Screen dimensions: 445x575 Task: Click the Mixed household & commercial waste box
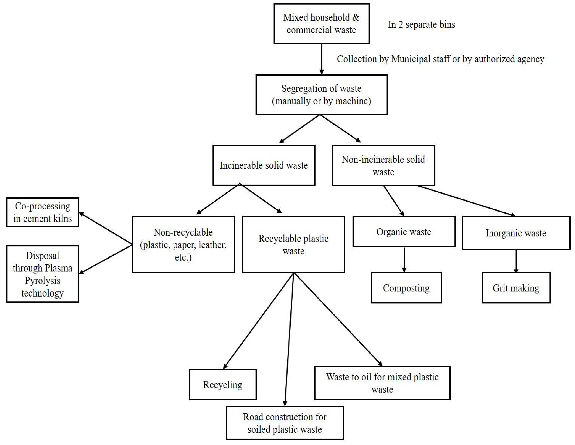point(321,24)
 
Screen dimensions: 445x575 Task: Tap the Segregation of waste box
point(321,95)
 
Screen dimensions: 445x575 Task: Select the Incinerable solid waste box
point(264,165)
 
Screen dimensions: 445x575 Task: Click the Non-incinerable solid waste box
point(383,165)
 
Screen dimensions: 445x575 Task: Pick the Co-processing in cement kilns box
point(43,212)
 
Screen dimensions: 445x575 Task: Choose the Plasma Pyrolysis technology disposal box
point(43,274)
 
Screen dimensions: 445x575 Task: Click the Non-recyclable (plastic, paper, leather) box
point(183,244)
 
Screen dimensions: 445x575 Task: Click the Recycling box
point(223,385)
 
